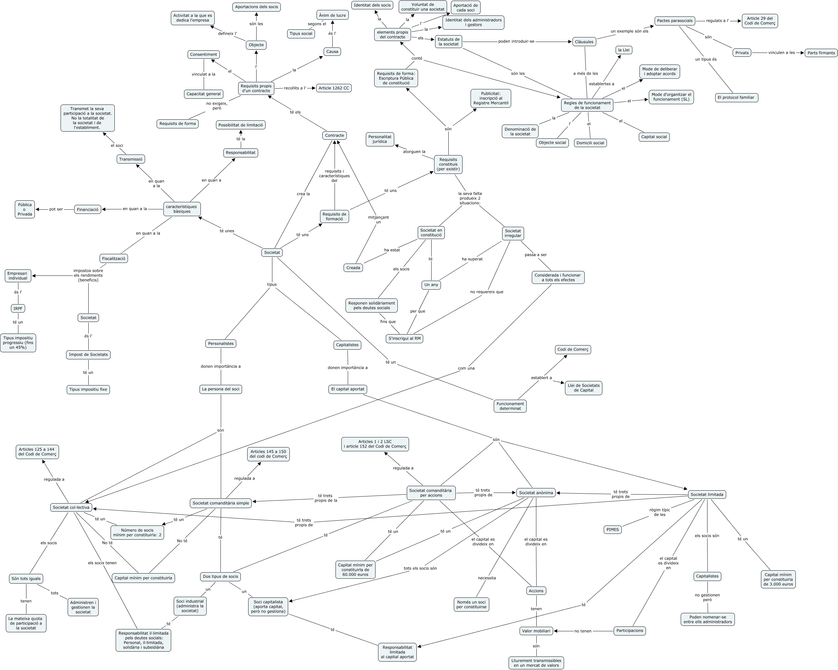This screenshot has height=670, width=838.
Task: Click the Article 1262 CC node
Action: click(x=334, y=88)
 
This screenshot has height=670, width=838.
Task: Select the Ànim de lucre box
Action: click(x=332, y=15)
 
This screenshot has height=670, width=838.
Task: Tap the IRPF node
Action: click(x=18, y=308)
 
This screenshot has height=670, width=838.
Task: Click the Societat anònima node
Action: click(x=536, y=493)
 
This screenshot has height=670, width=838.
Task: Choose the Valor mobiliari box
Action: click(x=536, y=631)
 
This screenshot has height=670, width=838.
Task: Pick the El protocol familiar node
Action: click(x=736, y=98)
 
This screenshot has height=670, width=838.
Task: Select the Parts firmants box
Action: click(x=821, y=53)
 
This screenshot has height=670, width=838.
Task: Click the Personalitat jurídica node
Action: click(x=380, y=139)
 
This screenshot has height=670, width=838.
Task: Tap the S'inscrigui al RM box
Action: click(x=404, y=338)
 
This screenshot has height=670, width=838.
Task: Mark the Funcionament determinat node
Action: click(x=510, y=406)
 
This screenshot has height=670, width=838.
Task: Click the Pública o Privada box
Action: click(x=25, y=209)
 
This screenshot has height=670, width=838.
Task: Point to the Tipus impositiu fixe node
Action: click(x=88, y=389)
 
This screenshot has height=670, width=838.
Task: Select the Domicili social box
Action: click(x=590, y=143)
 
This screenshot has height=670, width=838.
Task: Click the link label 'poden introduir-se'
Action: click(x=516, y=41)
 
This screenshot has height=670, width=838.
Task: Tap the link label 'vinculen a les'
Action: click(x=781, y=53)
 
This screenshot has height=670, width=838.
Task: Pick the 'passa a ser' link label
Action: click(x=536, y=255)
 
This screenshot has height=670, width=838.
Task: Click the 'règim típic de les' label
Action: click(x=659, y=512)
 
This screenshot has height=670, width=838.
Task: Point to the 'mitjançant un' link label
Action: click(x=378, y=219)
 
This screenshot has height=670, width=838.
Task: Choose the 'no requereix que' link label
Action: click(x=487, y=292)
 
